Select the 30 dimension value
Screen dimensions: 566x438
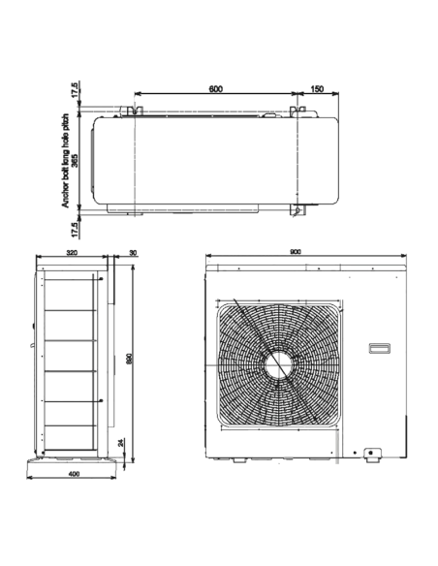(132, 252)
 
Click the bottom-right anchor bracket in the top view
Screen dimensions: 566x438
(295, 209)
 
